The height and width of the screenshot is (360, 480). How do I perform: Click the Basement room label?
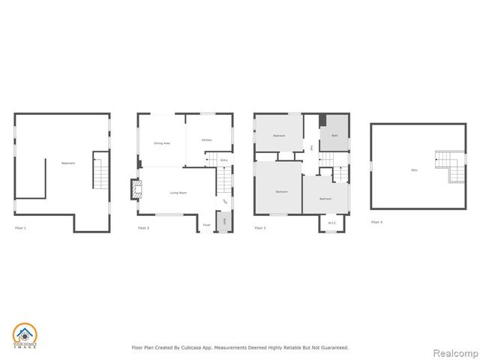click(67, 163)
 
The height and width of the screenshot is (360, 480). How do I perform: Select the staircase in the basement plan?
click(100, 170)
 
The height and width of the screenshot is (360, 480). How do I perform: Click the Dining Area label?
click(161, 142)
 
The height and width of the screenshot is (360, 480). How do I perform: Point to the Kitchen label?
click(206, 140)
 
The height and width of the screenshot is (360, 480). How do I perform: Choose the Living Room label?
click(178, 193)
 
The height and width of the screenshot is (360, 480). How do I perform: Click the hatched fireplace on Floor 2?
click(135, 190)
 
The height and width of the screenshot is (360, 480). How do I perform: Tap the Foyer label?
click(206, 223)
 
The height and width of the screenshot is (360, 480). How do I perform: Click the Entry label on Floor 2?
click(223, 160)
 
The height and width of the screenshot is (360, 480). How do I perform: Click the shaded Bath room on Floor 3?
click(334, 135)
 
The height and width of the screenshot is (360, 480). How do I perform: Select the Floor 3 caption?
click(260, 227)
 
